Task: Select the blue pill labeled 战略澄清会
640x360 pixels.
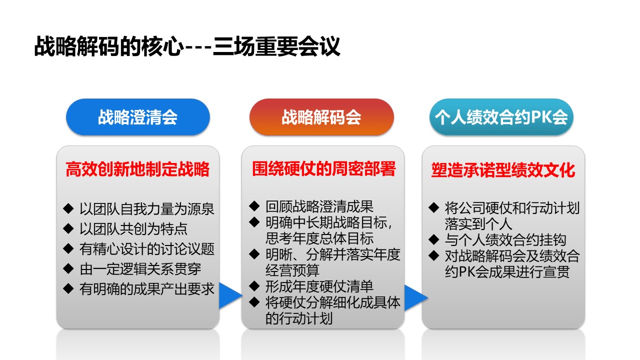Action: click(138, 117)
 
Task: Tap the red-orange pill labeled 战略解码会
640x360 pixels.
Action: click(321, 117)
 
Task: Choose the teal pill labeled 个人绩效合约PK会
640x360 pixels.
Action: click(501, 117)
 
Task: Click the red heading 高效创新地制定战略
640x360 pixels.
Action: click(137, 169)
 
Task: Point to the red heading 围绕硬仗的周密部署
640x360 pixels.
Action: click(323, 168)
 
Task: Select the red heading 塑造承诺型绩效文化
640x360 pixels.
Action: click(503, 170)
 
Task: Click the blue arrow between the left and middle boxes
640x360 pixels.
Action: click(230, 295)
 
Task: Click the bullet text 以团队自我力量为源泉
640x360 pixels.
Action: click(147, 209)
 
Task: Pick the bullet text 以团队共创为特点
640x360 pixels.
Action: click(133, 229)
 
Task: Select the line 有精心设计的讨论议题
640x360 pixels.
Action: click(147, 249)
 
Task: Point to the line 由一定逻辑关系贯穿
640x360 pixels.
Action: click(140, 269)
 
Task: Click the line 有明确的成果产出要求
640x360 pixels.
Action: click(147, 289)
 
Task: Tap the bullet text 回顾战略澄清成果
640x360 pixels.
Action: click(319, 206)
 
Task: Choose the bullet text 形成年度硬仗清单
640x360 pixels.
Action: click(319, 286)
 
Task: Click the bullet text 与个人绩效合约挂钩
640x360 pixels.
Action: click(505, 239)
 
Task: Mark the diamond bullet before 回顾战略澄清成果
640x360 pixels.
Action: click(254, 206)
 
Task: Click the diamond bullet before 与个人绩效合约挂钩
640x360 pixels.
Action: click(433, 239)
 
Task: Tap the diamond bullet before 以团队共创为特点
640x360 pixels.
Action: click(68, 228)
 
